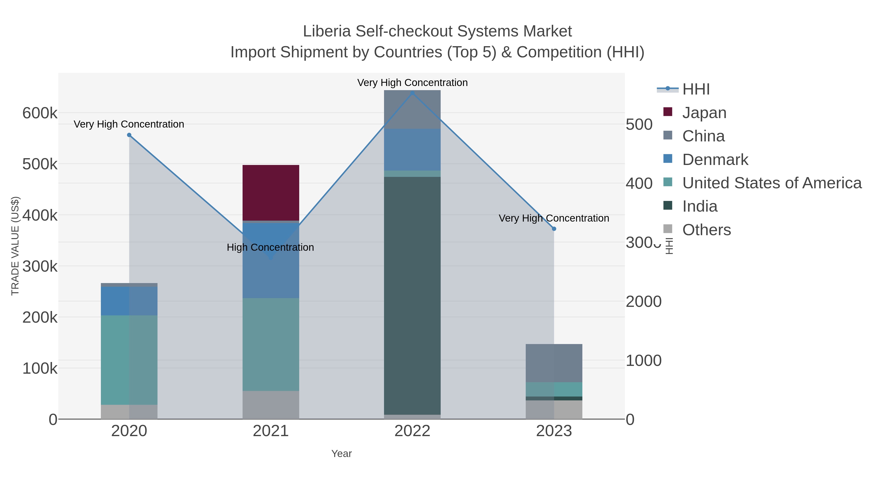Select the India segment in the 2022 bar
pyautogui.click(x=412, y=295)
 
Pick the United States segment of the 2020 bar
pyautogui.click(x=129, y=360)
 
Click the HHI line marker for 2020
pyautogui.click(x=129, y=135)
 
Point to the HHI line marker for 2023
pyautogui.click(x=554, y=229)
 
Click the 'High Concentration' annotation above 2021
pyautogui.click(x=270, y=247)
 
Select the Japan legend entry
pyautogui.click(x=704, y=112)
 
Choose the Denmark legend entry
pyautogui.click(x=715, y=160)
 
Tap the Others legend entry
pyautogui.click(x=706, y=230)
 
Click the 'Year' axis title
pyautogui.click(x=341, y=454)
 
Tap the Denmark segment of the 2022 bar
pyautogui.click(x=412, y=149)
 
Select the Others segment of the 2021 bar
pyautogui.click(x=271, y=405)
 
